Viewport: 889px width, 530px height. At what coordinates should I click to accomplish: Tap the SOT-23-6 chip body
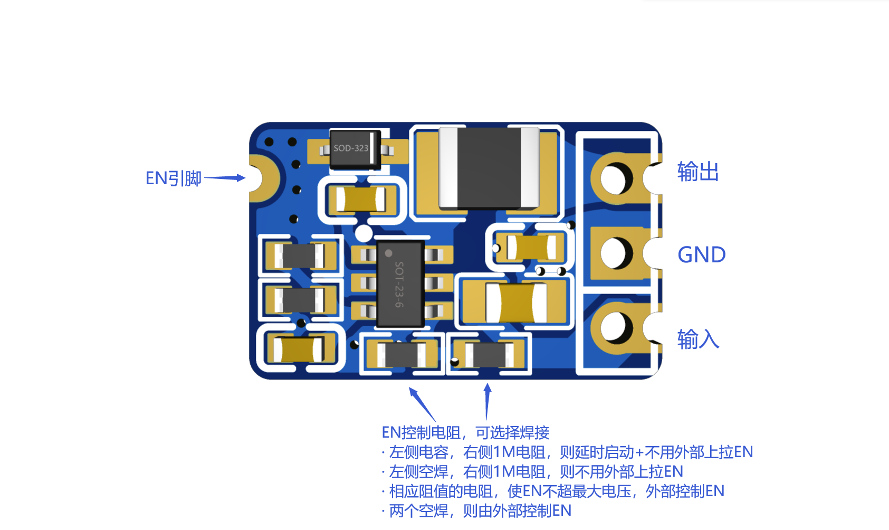[400, 283]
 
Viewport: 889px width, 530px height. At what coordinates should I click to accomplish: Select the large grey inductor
[489, 167]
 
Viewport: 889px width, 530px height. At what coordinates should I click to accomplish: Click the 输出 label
[697, 172]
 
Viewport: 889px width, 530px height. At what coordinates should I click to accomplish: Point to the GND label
[701, 254]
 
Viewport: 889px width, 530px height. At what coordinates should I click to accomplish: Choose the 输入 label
[697, 339]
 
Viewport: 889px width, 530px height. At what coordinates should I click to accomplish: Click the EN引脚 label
[174, 178]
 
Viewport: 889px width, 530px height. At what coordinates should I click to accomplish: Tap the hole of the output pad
[616, 178]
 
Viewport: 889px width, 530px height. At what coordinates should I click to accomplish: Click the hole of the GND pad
[616, 253]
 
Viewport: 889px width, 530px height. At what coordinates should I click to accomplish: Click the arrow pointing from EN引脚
[225, 178]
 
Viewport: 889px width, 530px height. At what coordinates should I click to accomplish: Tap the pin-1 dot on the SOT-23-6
[388, 253]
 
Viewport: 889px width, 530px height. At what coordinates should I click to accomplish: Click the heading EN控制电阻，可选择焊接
[465, 432]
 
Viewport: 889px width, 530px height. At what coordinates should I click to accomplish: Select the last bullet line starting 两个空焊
[476, 510]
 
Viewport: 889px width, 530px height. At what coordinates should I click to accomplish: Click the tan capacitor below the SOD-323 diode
[361, 199]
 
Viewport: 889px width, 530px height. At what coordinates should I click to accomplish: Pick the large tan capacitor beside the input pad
[516, 302]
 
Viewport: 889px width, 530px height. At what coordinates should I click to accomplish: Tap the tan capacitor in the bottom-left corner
[299, 349]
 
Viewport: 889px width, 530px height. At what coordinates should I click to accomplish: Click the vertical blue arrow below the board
[487, 401]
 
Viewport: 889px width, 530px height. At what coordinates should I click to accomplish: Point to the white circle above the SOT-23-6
[364, 233]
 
